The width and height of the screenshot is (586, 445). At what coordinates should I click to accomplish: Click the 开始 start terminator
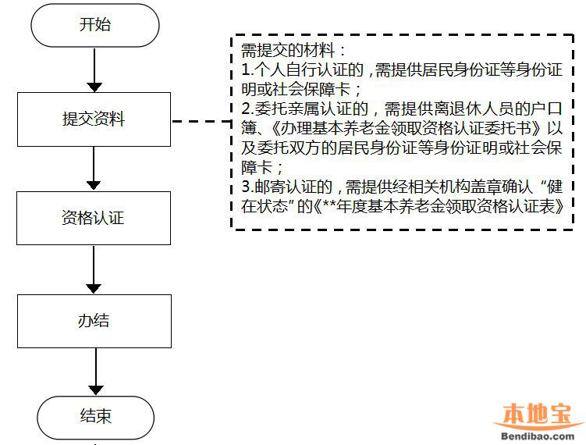(95, 25)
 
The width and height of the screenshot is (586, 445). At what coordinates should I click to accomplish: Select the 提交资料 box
(94, 119)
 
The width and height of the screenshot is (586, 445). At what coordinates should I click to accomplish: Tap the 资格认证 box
(94, 219)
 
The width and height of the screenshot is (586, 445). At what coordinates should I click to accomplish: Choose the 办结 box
(94, 321)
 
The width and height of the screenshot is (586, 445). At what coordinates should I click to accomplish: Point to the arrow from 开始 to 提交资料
(94, 70)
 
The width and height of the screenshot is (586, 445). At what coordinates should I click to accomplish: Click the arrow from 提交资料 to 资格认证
(94, 169)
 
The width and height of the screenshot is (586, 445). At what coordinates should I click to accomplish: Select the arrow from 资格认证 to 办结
(94, 270)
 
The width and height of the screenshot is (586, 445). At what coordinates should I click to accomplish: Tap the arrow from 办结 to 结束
(96, 372)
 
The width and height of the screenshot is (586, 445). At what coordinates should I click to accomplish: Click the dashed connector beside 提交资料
(201, 121)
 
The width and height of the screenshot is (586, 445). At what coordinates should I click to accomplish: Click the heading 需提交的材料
(288, 51)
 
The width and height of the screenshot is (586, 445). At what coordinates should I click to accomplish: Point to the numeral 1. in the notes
(248, 69)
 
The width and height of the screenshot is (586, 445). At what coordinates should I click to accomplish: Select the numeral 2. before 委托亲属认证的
(248, 109)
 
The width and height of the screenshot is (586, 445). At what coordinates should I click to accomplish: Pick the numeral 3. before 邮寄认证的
(248, 187)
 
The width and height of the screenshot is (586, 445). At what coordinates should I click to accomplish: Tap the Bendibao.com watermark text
(538, 436)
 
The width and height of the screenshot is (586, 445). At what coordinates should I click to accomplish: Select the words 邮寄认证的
(293, 187)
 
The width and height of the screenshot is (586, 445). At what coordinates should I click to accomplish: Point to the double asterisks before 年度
(329, 205)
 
